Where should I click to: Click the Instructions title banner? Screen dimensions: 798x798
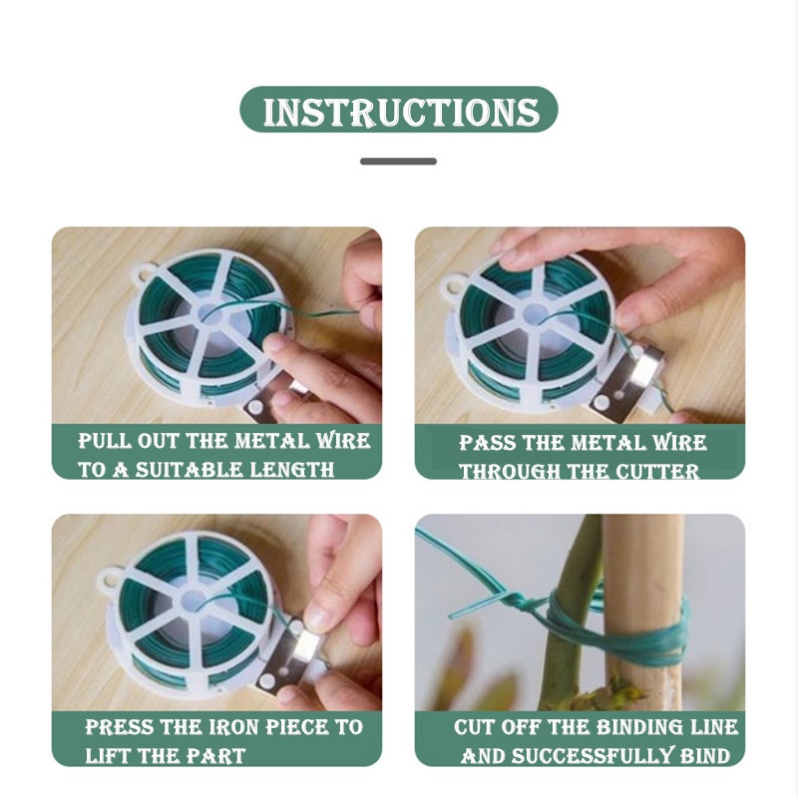coord(398,110)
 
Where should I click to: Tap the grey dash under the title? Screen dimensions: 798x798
coord(398,162)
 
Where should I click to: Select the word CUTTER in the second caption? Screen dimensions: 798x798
coord(657,472)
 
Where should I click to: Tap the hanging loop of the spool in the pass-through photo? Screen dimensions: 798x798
coord(452,287)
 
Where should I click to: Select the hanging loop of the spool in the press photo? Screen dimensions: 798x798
coord(110,582)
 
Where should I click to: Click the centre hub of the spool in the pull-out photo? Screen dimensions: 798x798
coord(210,316)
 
